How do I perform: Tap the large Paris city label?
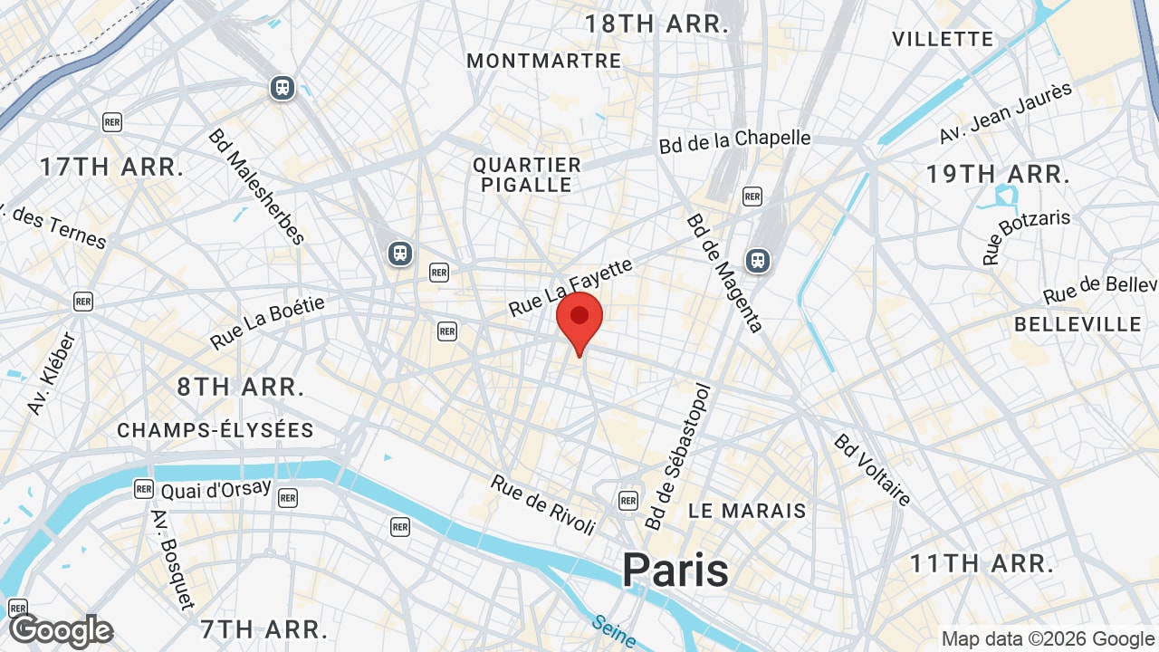[675, 570]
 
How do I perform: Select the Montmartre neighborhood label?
[544, 61]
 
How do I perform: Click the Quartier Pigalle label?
[527, 175]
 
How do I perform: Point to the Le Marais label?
[747, 511]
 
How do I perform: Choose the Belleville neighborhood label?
[1078, 324]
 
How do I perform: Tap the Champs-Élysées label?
[216, 430]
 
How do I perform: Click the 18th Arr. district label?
[656, 24]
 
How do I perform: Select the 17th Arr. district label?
[112, 167]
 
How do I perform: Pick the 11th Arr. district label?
[982, 564]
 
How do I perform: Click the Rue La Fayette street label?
[570, 287]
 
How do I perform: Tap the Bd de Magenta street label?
[725, 273]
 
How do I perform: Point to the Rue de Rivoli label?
[543, 504]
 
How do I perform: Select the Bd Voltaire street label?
[873, 471]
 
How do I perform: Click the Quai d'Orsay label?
[216, 489]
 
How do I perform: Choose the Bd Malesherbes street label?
[256, 187]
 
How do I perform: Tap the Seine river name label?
[615, 631]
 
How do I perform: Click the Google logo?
[61, 631]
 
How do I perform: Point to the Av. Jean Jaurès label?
[1005, 112]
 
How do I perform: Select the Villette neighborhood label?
[943, 39]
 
